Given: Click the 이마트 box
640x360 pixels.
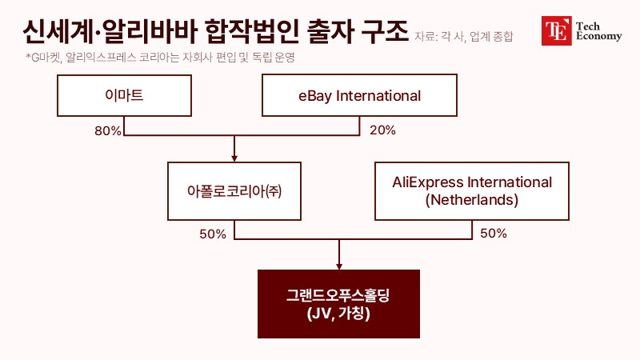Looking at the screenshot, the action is pyautogui.click(x=124, y=95).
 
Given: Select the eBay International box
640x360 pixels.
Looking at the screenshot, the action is pyautogui.click(x=359, y=95).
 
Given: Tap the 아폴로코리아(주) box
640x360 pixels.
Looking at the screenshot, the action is pyautogui.click(x=234, y=191).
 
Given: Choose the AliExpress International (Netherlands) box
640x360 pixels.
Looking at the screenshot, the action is pyautogui.click(x=472, y=191).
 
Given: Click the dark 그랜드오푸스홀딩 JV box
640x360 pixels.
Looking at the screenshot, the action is pyautogui.click(x=338, y=304).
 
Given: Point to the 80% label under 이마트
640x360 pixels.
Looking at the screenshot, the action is pyautogui.click(x=108, y=130).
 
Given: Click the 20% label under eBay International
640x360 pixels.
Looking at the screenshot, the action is pyautogui.click(x=382, y=130).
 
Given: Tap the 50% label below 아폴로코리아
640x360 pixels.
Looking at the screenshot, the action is pyautogui.click(x=213, y=234).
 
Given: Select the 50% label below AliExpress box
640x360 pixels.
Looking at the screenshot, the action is pyautogui.click(x=494, y=234).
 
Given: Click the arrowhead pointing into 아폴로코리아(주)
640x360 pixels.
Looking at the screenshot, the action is pyautogui.click(x=234, y=158).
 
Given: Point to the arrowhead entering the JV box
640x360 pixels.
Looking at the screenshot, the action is pyautogui.click(x=338, y=266).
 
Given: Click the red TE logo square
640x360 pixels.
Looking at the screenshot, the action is pyautogui.click(x=556, y=30).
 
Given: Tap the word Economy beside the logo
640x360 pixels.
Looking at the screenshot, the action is pyautogui.click(x=598, y=36).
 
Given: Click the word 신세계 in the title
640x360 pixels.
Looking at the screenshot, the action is pyautogui.click(x=58, y=31).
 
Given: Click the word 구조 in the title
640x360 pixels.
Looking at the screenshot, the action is pyautogui.click(x=385, y=31).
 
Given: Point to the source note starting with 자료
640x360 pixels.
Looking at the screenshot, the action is pyautogui.click(x=464, y=37).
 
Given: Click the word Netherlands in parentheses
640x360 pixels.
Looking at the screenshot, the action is pyautogui.click(x=472, y=200).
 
